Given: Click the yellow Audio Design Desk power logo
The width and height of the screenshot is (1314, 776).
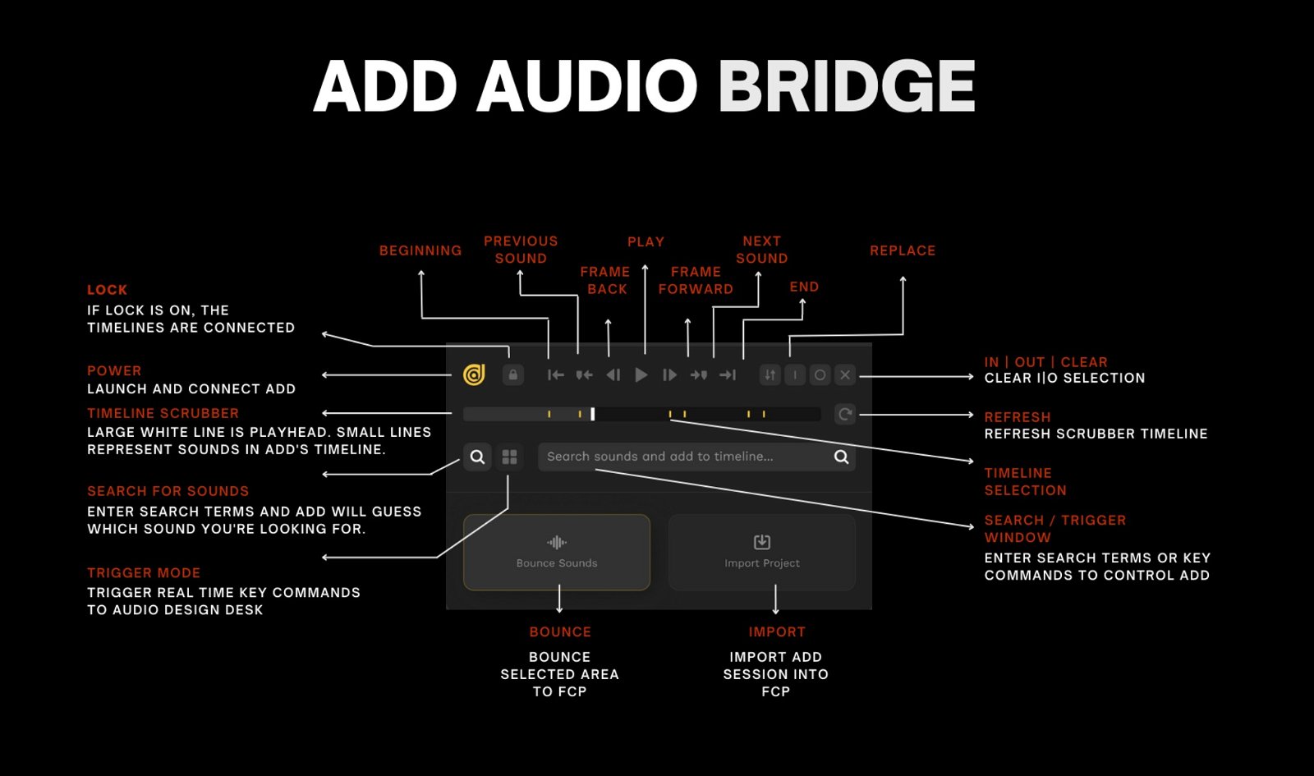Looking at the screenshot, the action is coord(474,374).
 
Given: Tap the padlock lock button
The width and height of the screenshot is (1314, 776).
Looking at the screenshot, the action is coord(512,374).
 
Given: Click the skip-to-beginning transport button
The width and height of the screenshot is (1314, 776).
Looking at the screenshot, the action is coord(555,374).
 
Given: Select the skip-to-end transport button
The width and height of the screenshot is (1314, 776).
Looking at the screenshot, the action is coord(728,374).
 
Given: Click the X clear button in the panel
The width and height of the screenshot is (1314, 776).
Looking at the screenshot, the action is coord(845,374).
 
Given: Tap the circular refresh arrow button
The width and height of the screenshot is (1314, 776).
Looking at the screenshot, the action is coord(845,414).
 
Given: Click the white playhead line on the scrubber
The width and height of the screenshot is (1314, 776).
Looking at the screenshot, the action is coord(592,414).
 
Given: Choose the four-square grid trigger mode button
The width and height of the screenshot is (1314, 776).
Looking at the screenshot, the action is coord(509,457).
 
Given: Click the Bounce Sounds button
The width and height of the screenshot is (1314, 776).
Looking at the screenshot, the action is coord(557,552).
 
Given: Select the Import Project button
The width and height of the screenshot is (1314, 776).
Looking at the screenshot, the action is coord(762,552).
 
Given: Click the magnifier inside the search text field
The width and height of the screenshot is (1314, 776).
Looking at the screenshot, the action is coord(841,457).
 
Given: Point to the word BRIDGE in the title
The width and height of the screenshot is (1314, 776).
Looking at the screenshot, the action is coord(847,85).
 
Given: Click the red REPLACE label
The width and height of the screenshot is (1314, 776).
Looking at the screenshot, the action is coord(903,250).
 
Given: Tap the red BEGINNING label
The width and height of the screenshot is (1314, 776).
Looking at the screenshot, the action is coord(420,250).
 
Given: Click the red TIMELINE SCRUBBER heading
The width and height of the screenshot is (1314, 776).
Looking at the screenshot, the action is coord(163,413).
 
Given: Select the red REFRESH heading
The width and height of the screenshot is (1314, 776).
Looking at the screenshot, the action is coord(1018,417).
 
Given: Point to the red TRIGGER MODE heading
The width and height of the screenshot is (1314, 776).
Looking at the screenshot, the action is coord(144,572).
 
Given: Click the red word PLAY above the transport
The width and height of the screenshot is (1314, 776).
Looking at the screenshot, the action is coord(646,241).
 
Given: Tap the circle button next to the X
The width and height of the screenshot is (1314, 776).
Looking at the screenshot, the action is coord(820,374).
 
